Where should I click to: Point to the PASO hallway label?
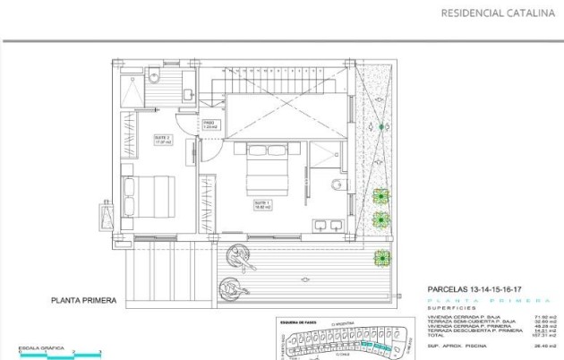(209, 124)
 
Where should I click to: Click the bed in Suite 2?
(148, 196)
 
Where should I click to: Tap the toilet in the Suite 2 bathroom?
(154, 73)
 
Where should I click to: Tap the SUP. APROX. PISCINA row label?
(457, 345)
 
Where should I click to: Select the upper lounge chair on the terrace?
(241, 255)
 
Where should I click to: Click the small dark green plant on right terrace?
(382, 127)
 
